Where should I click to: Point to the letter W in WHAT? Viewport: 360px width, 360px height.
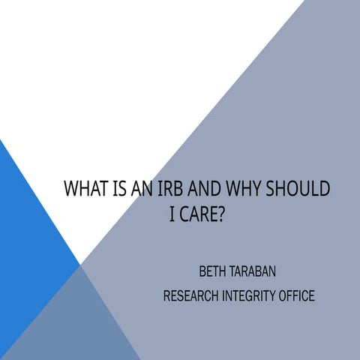pos(72,188)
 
